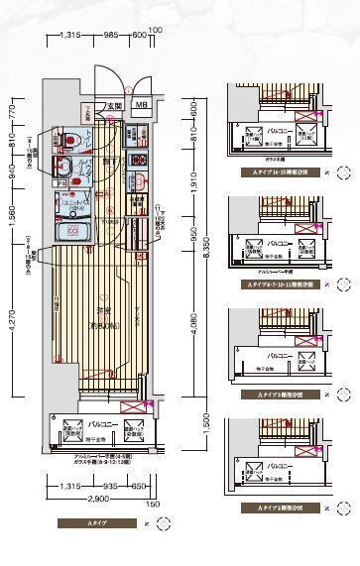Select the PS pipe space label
tap(61, 182)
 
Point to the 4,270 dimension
tap(12, 327)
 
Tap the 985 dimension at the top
tap(111, 35)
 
